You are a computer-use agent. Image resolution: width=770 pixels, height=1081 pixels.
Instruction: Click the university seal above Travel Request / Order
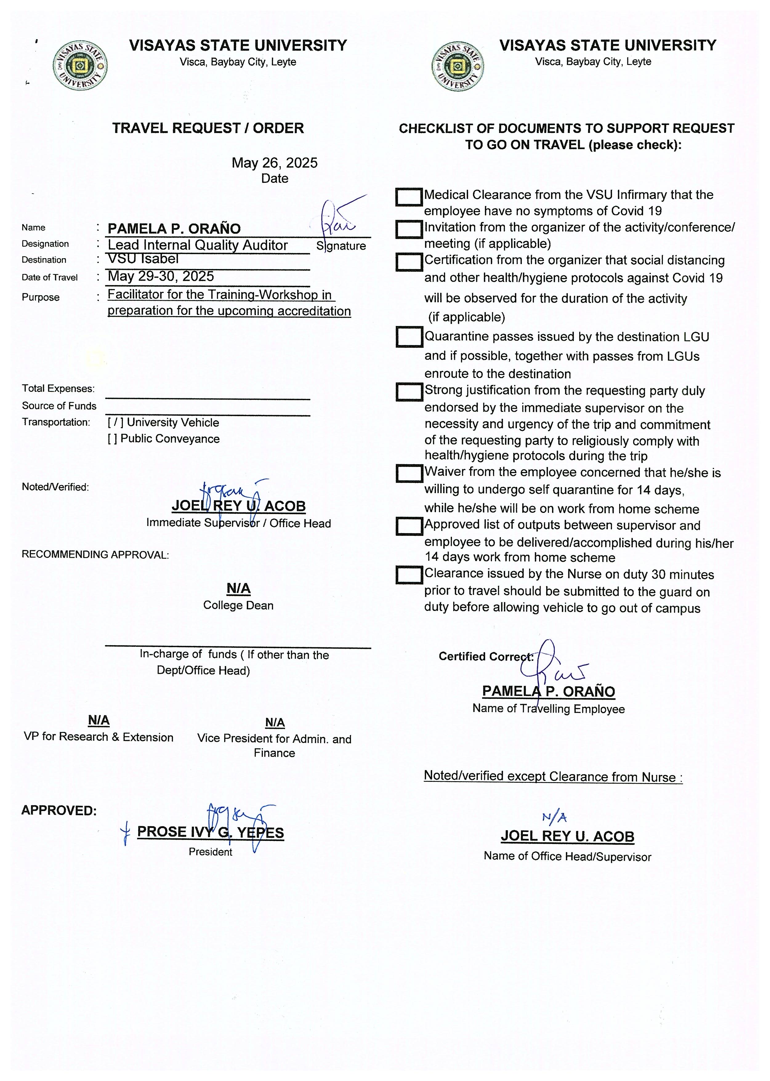click(x=80, y=66)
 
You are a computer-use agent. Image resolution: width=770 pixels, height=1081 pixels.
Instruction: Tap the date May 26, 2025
click(x=275, y=163)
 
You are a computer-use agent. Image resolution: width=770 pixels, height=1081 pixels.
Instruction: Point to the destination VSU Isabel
click(x=143, y=259)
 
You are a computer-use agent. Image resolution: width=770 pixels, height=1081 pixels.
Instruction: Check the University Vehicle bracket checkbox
click(x=116, y=422)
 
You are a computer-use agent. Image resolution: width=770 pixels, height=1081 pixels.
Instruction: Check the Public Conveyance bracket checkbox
click(x=112, y=439)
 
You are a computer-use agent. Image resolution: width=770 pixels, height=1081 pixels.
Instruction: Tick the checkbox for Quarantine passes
click(x=409, y=337)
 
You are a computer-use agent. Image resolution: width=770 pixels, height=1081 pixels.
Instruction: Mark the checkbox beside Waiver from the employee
click(x=409, y=473)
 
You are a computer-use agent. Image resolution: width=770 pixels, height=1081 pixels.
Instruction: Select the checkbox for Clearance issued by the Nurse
click(x=409, y=575)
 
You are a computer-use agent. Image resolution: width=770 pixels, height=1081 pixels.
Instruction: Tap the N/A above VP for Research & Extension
click(x=99, y=720)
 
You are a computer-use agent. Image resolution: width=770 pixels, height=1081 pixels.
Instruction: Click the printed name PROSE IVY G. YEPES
click(x=211, y=832)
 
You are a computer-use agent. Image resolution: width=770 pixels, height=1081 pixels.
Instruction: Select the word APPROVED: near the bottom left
click(x=59, y=810)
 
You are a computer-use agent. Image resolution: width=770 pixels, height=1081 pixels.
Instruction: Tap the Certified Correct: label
click(x=486, y=656)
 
